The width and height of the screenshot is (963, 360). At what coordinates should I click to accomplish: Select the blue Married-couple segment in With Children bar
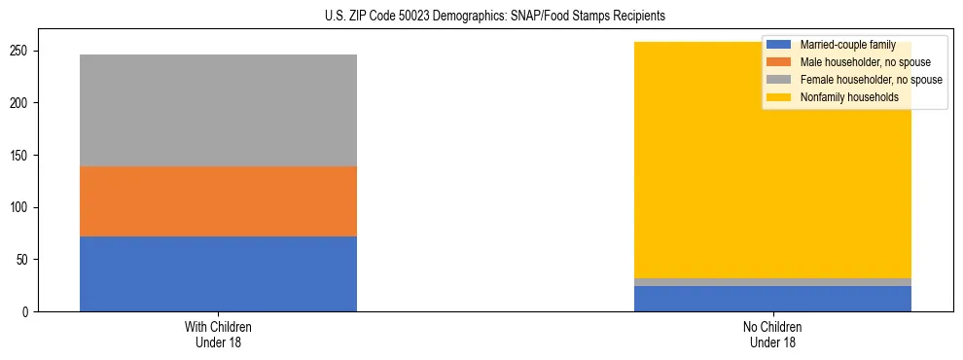tap(218, 273)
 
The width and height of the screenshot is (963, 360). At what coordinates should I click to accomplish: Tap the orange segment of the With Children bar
tap(218, 201)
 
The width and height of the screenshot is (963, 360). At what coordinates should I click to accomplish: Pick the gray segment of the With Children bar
tap(218, 110)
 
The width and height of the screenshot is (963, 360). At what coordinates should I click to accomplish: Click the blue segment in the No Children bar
tap(772, 299)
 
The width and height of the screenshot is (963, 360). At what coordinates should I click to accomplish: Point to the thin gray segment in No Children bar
tap(772, 282)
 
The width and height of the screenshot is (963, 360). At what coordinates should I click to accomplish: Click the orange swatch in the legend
tap(779, 62)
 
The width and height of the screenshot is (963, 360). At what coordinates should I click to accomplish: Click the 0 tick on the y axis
tap(28, 312)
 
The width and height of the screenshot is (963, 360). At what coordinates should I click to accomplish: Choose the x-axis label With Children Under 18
tap(218, 334)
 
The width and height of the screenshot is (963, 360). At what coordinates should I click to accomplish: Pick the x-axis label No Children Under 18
tap(772, 334)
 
